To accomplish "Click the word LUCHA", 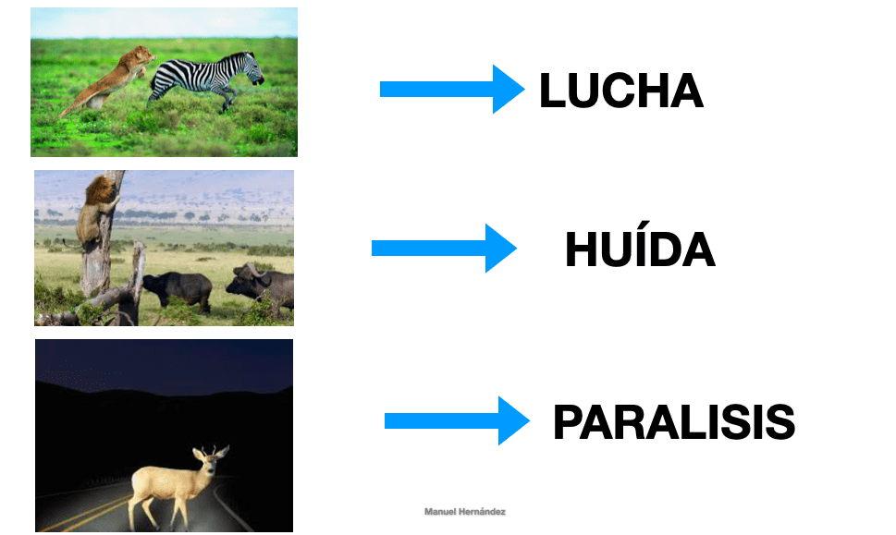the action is [x=621, y=91].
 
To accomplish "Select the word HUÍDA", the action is [x=640, y=249].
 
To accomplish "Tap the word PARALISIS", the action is [x=674, y=422].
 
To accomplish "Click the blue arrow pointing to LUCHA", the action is [x=452, y=89].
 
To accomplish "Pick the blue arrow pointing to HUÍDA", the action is [x=444, y=248].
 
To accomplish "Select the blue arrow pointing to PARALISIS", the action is [x=457, y=420].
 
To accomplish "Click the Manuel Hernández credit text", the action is [x=464, y=512].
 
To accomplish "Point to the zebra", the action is [x=205, y=79].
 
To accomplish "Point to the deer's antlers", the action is [x=212, y=452].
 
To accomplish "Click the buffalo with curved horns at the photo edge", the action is [x=263, y=286].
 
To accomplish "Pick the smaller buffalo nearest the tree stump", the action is [x=178, y=289].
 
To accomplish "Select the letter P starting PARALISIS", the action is [x=567, y=422].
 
